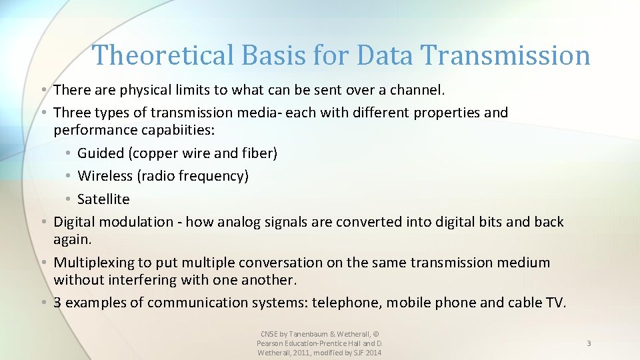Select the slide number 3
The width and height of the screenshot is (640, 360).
589,343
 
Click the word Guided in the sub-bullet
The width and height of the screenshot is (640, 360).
101,153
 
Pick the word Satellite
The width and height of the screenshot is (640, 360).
103,199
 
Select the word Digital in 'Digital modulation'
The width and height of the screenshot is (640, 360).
76,222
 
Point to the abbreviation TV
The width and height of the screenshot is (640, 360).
555,303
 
